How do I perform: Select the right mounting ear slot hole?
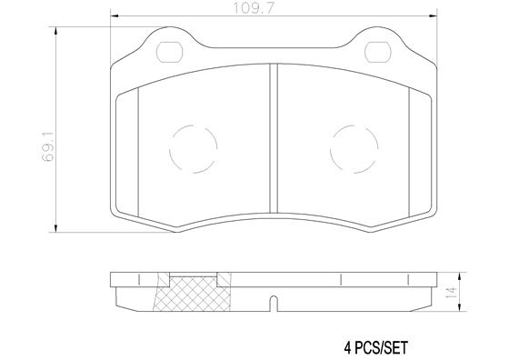(376, 50)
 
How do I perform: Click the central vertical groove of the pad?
(273, 136)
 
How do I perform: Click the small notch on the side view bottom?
(273, 301)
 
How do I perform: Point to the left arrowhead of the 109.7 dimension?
(114, 16)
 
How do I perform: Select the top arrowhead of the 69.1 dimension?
(59, 32)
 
